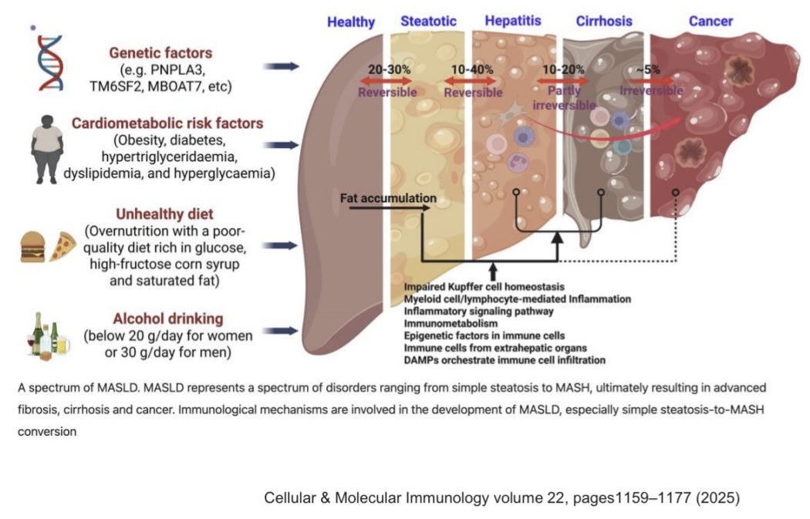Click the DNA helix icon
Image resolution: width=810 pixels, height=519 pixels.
click(50, 63)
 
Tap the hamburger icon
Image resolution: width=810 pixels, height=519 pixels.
click(32, 247)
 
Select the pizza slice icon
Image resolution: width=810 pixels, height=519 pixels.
click(62, 246)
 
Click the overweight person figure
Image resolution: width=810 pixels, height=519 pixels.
click(47, 150)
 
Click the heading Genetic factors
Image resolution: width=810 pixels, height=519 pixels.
click(160, 52)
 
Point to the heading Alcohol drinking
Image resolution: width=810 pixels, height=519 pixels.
click(168, 318)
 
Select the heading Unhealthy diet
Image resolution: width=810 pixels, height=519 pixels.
click(164, 214)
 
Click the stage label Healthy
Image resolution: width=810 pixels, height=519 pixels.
click(351, 22)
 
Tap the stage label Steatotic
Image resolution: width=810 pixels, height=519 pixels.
click(428, 21)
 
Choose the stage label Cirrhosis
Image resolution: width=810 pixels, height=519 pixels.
click(604, 21)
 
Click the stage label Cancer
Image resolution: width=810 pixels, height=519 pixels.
click(710, 21)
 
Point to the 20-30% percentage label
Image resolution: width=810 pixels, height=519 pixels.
click(389, 69)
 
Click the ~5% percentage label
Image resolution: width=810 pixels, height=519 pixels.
click(648, 69)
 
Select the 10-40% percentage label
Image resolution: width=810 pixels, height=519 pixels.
click(472, 69)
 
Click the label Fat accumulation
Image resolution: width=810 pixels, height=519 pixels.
click(388, 198)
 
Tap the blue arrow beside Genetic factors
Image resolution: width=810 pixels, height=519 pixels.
click(281, 66)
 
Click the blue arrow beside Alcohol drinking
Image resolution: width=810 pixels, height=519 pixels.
click(281, 331)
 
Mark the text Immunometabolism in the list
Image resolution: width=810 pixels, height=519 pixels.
click(451, 324)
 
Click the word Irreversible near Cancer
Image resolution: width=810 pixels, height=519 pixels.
click(651, 91)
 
